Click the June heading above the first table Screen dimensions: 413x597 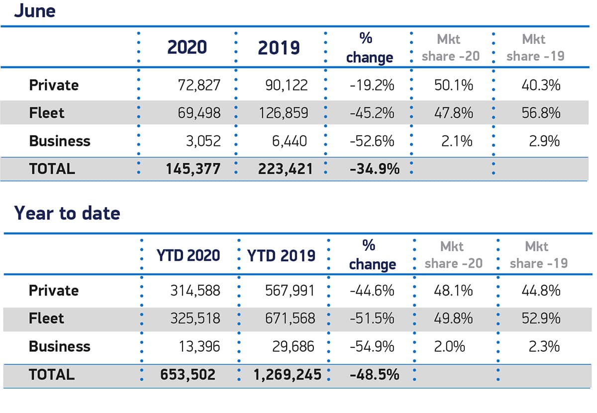click(x=34, y=10)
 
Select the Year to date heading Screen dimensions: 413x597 click(x=67, y=213)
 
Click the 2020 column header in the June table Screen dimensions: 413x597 click(x=187, y=47)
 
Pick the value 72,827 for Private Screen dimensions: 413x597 click(x=199, y=86)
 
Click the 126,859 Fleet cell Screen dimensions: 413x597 click(x=283, y=113)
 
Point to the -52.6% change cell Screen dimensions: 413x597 click(x=372, y=141)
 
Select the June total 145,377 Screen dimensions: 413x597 click(x=194, y=169)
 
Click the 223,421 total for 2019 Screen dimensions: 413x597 click(x=285, y=169)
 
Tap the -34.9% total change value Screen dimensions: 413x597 click(x=374, y=169)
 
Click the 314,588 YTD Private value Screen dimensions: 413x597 click(x=195, y=291)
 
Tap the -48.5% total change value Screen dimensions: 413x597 click(x=374, y=374)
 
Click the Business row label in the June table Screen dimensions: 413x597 click(x=60, y=141)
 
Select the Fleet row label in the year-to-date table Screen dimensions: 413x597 click(x=47, y=318)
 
